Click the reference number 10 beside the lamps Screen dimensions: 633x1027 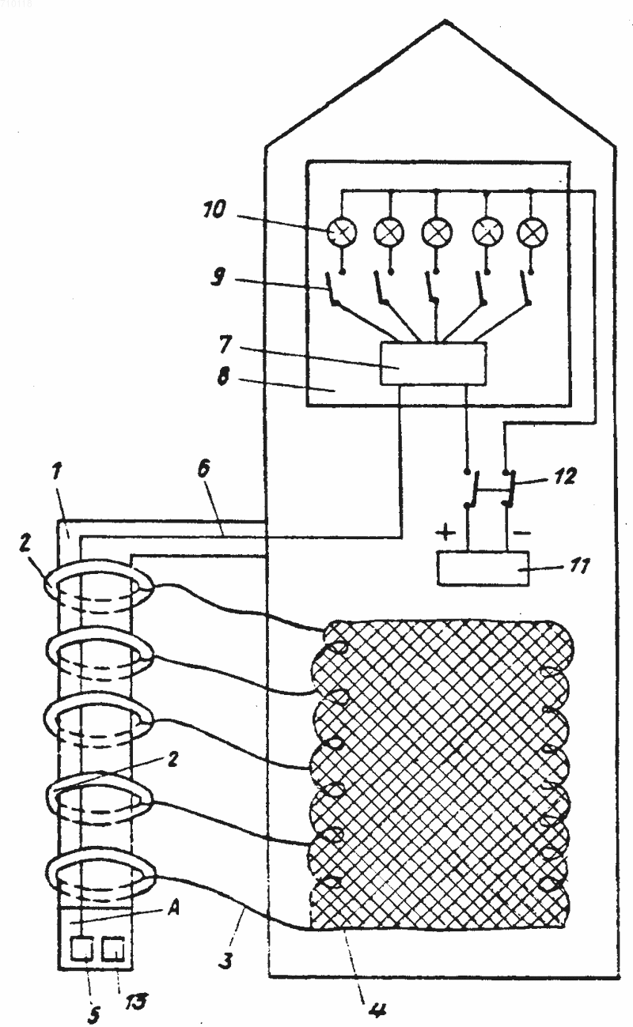214,210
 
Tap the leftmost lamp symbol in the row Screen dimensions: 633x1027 342,233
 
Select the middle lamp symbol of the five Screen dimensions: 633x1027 437,232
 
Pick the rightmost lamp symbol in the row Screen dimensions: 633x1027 532,233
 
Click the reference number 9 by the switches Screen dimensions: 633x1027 218,277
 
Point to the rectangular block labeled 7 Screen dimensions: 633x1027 433,363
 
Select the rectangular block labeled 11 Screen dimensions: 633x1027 483,568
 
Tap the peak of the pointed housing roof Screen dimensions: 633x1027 445,21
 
